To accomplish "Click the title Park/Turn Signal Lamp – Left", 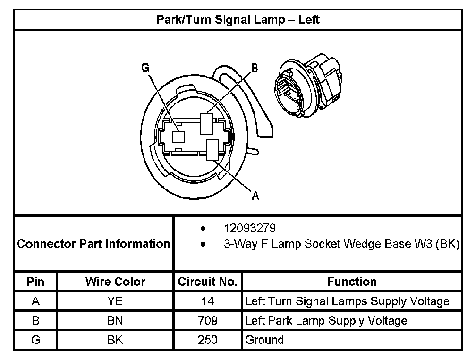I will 238,20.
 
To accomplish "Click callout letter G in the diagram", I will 145,68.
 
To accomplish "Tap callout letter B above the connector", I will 254,69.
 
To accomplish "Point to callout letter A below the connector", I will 255,196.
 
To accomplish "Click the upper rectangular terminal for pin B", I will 207,123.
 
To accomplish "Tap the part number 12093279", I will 250,228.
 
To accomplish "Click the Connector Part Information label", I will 93,244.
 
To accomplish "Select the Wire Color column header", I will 115,282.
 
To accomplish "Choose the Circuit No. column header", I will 207,282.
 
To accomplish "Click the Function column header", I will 352,282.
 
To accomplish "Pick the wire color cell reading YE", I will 115,301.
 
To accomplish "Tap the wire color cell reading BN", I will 115,321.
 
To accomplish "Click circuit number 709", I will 207,321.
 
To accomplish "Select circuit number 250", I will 207,340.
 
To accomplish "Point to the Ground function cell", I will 264,340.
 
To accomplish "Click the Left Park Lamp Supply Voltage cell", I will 326,321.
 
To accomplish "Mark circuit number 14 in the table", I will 207,301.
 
